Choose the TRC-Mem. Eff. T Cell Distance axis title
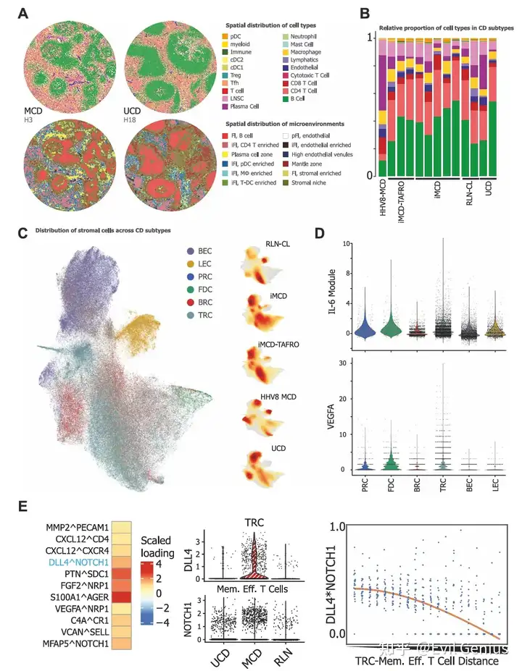tap(426, 660)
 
